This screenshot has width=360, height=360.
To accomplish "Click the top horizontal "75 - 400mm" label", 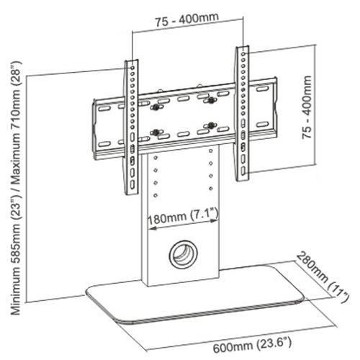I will (x=186, y=22).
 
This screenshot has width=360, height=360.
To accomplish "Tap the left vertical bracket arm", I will (x=132, y=125).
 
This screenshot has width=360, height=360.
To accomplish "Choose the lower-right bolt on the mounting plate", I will (x=211, y=126).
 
